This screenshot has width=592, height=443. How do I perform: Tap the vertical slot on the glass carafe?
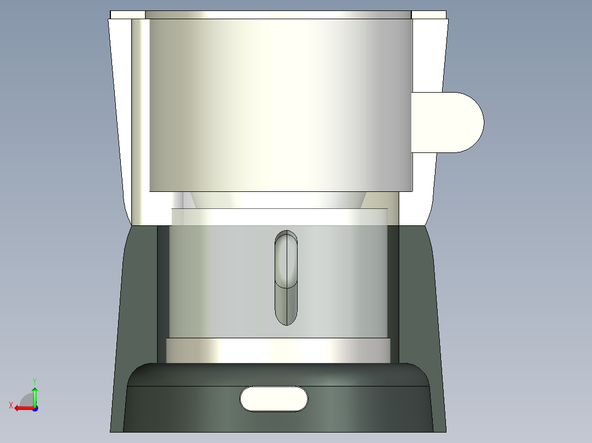(x=286, y=277)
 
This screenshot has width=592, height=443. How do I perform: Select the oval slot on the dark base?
(x=274, y=399)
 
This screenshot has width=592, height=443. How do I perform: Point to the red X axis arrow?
(x=22, y=408)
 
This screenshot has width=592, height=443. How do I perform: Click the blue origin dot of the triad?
(x=35, y=408)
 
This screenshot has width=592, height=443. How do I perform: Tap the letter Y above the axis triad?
(x=35, y=380)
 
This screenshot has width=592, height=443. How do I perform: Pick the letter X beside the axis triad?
(x=10, y=406)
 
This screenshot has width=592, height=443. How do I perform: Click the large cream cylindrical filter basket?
(x=280, y=104)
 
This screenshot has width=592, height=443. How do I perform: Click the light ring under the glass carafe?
(x=278, y=350)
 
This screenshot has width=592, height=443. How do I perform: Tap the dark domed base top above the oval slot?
(x=278, y=374)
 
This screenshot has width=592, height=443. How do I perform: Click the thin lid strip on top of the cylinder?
(x=278, y=14)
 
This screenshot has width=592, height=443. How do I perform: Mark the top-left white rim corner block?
(x=127, y=15)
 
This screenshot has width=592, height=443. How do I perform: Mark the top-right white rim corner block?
(x=428, y=15)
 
